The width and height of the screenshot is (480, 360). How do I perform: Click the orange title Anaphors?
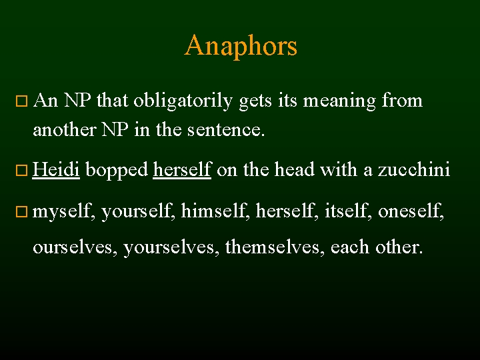(241, 46)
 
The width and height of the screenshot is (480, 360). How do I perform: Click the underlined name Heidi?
(56, 170)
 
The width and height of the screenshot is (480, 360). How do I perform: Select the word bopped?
(117, 170)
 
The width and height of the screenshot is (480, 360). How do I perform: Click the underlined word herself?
(182, 170)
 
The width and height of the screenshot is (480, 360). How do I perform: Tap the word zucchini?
(414, 170)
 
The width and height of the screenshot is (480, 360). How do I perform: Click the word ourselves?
(75, 247)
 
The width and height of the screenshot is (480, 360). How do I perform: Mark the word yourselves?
(171, 247)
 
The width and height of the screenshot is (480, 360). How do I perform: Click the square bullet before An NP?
(21, 102)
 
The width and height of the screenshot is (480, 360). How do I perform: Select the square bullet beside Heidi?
(21, 171)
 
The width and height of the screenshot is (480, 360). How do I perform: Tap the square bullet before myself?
(21, 213)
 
